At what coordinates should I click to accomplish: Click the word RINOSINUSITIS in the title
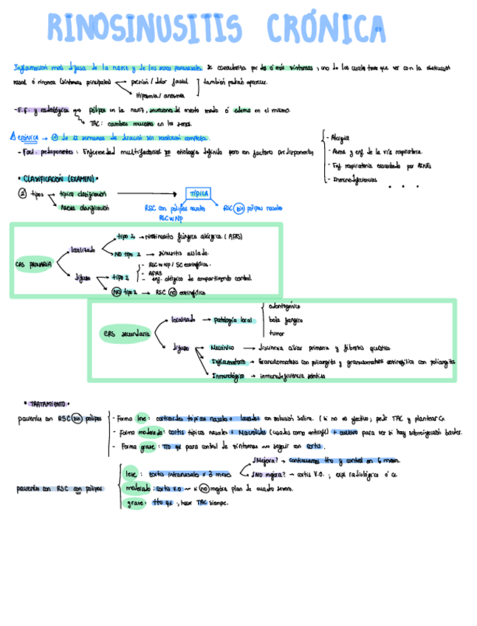pos(145,29)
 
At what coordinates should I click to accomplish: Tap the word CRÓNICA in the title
pos(328,29)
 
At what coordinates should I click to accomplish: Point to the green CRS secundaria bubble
pos(128,334)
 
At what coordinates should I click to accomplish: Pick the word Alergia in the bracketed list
pos(341,137)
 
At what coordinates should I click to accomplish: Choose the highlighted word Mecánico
pos(222,348)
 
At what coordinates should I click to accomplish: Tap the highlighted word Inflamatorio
pos(228,362)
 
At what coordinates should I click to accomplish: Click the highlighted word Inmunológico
pos(228,376)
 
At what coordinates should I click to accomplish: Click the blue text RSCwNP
pos(169,218)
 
